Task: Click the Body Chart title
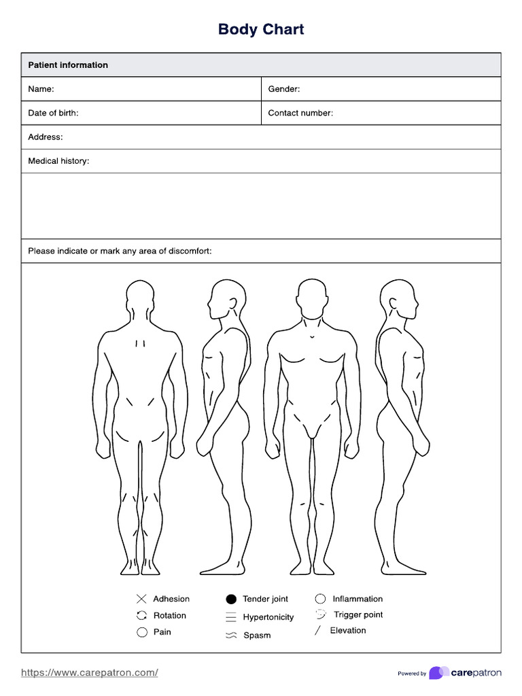coord(261,29)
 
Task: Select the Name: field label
coord(41,89)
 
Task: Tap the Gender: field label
coord(283,89)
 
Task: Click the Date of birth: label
coord(53,113)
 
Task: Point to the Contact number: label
coord(300,113)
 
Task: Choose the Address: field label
coord(46,137)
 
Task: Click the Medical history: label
coord(58,161)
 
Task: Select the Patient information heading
coord(68,65)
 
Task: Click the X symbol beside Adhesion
coord(141,599)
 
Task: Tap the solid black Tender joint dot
coord(231,599)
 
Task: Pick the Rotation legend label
coord(170,615)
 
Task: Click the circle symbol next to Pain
coord(142,632)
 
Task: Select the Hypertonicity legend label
coord(268,617)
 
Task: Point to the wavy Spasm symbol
coord(231,636)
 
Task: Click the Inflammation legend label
coord(358,599)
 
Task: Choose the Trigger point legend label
coord(358,614)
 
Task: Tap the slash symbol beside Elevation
coord(317,631)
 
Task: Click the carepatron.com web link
coord(90,672)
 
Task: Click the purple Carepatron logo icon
coord(438,673)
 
